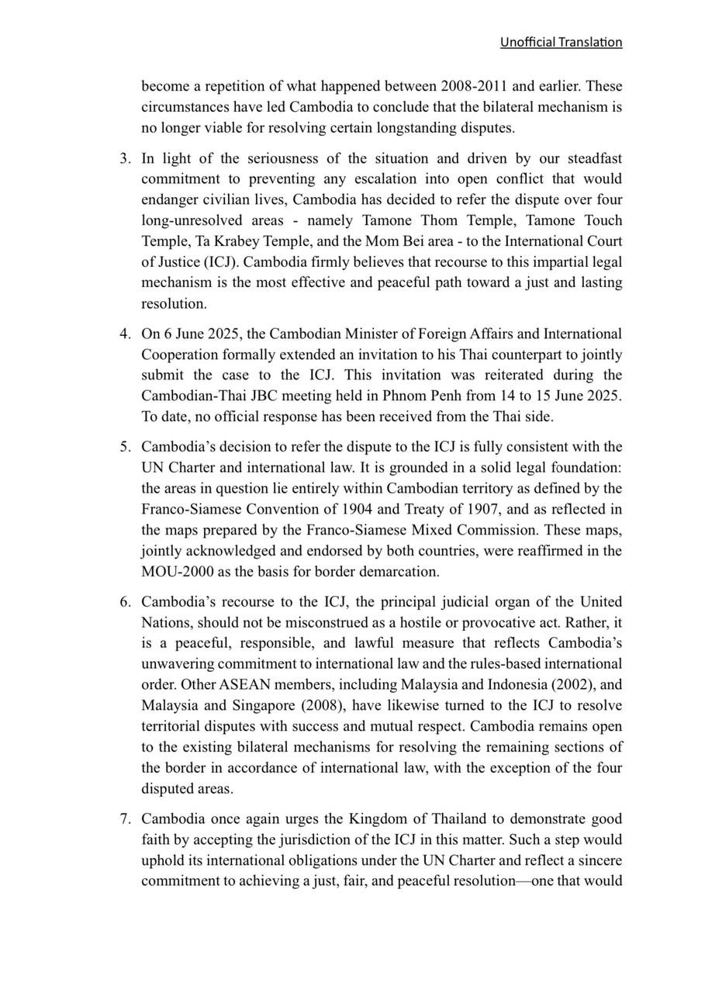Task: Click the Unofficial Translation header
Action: (x=561, y=42)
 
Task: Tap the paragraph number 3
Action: (x=125, y=159)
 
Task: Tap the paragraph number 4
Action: (x=125, y=334)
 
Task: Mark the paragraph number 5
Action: (x=125, y=447)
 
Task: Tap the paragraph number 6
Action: (x=125, y=602)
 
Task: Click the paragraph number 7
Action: (x=125, y=819)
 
